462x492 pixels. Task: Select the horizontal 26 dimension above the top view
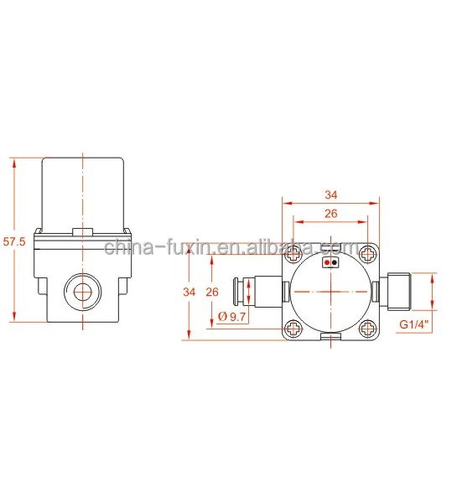point(330,214)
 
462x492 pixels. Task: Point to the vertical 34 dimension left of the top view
point(189,293)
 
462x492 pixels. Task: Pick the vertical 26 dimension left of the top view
point(212,293)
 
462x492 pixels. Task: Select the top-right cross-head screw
point(369,252)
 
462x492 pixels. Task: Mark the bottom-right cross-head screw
point(369,329)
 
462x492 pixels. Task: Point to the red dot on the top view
point(327,262)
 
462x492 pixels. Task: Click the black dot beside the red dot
point(335,262)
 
